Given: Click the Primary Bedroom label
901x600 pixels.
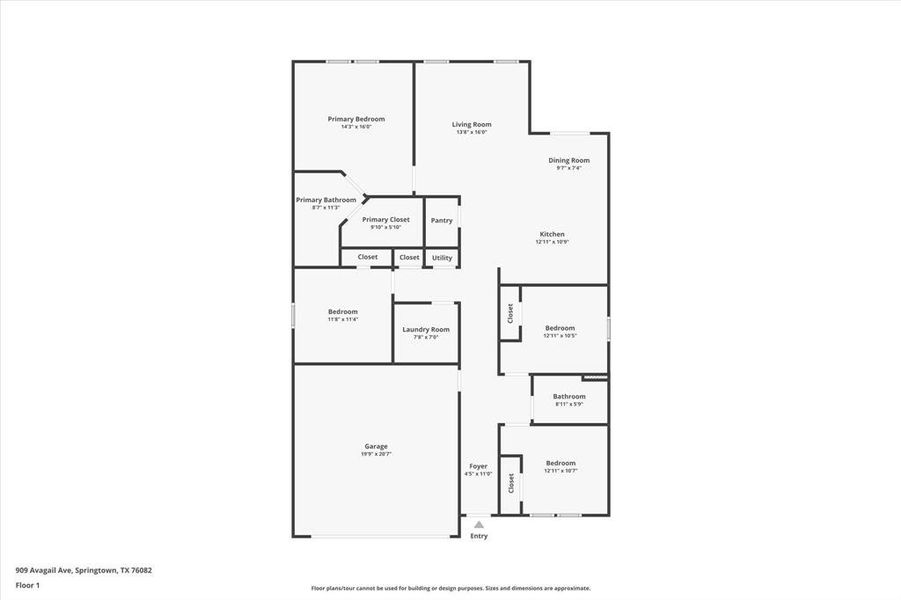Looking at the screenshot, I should [356, 119].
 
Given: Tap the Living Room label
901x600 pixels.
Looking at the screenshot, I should [471, 124].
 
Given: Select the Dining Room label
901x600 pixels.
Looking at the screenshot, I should [569, 160].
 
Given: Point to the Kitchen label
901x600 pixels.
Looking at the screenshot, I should [552, 234].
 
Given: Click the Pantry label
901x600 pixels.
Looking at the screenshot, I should [441, 220].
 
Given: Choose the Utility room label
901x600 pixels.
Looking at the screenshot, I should [442, 258].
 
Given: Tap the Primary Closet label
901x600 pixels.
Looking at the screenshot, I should [386, 219].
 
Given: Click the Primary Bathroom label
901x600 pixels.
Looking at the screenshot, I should [326, 200].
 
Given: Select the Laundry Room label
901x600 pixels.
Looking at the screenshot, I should [426, 329].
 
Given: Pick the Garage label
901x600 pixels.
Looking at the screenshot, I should [376, 446].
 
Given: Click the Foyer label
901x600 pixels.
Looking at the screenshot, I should [479, 466].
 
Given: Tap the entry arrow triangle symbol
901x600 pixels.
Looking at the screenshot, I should [479, 524].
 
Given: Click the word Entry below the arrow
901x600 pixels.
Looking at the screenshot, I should [479, 536].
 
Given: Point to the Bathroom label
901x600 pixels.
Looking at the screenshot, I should [569, 396].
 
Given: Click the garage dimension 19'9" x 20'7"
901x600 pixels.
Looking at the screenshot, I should [376, 454].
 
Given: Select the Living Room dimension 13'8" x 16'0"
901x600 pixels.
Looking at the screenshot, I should [471, 132].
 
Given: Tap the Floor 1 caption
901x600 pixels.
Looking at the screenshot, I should [27, 584].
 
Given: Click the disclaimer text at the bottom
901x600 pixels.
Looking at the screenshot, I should [450, 588].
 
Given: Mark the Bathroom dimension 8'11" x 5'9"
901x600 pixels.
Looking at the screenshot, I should [569, 404].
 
